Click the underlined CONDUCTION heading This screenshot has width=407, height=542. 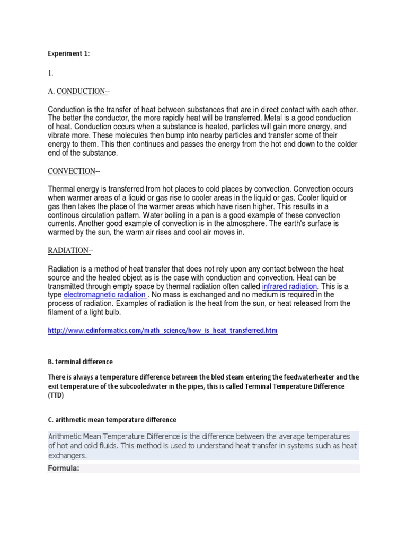(x=81, y=91)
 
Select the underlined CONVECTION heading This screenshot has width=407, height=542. (x=72, y=171)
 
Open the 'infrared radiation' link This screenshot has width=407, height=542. (x=289, y=286)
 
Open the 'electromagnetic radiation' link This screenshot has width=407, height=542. (x=104, y=294)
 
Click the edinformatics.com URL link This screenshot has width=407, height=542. (x=163, y=330)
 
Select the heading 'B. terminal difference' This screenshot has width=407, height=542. (x=80, y=362)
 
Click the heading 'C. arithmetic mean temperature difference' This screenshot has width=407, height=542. (x=112, y=420)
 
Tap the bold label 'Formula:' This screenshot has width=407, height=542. (x=64, y=468)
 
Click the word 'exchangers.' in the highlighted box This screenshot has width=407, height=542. (x=67, y=455)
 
